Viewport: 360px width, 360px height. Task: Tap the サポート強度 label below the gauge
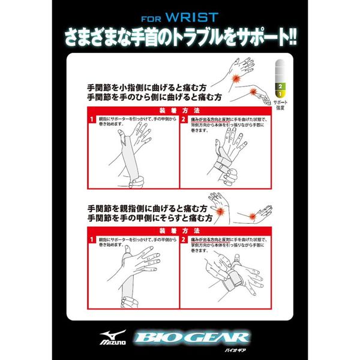279,107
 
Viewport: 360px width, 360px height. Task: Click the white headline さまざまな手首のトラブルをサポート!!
180,33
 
